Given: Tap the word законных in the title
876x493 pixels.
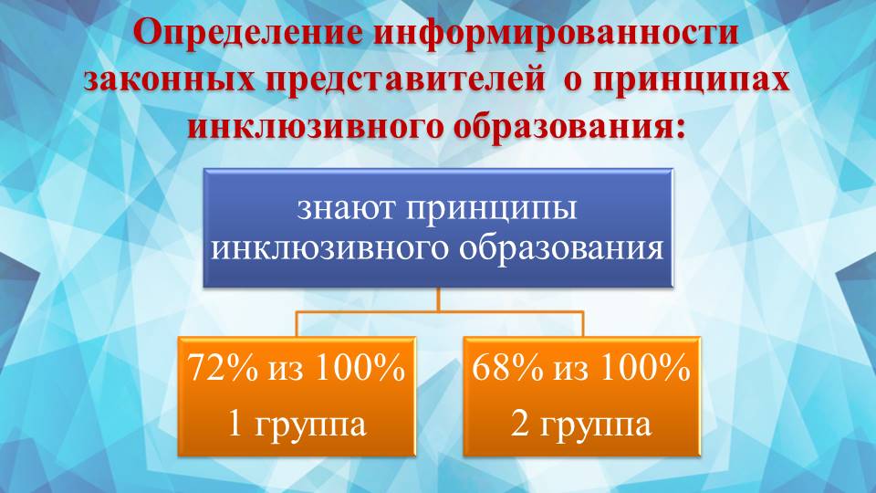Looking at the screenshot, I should [166, 79].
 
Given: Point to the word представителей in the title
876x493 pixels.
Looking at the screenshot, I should [401, 79].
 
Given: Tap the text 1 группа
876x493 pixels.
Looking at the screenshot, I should [296, 423].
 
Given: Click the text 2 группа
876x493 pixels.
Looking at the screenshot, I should [581, 423].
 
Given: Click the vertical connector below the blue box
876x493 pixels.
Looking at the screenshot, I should [438, 299].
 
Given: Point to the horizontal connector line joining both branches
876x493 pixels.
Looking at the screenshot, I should [438, 311].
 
